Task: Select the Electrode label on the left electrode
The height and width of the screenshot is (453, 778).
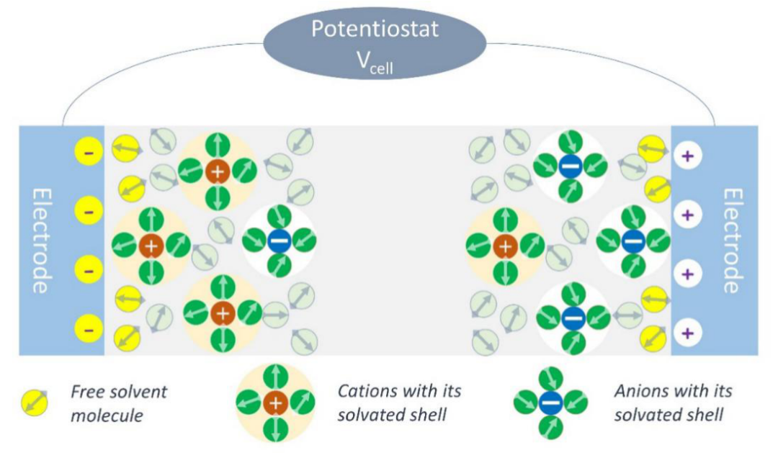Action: coord(41,240)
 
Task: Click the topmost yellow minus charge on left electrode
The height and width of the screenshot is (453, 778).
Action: coord(89,153)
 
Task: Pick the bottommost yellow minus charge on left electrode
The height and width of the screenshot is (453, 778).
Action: coord(89,331)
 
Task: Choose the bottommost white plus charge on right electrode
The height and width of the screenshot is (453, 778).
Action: coord(687,333)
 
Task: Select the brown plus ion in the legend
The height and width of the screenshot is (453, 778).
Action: coord(274,403)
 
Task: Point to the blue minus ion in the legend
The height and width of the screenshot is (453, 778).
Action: coord(550,403)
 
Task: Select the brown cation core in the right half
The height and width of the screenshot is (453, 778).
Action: coord(506,246)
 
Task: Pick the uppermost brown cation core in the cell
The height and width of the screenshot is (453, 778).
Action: coord(216,171)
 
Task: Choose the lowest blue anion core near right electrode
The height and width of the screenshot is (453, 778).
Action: coord(573,315)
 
